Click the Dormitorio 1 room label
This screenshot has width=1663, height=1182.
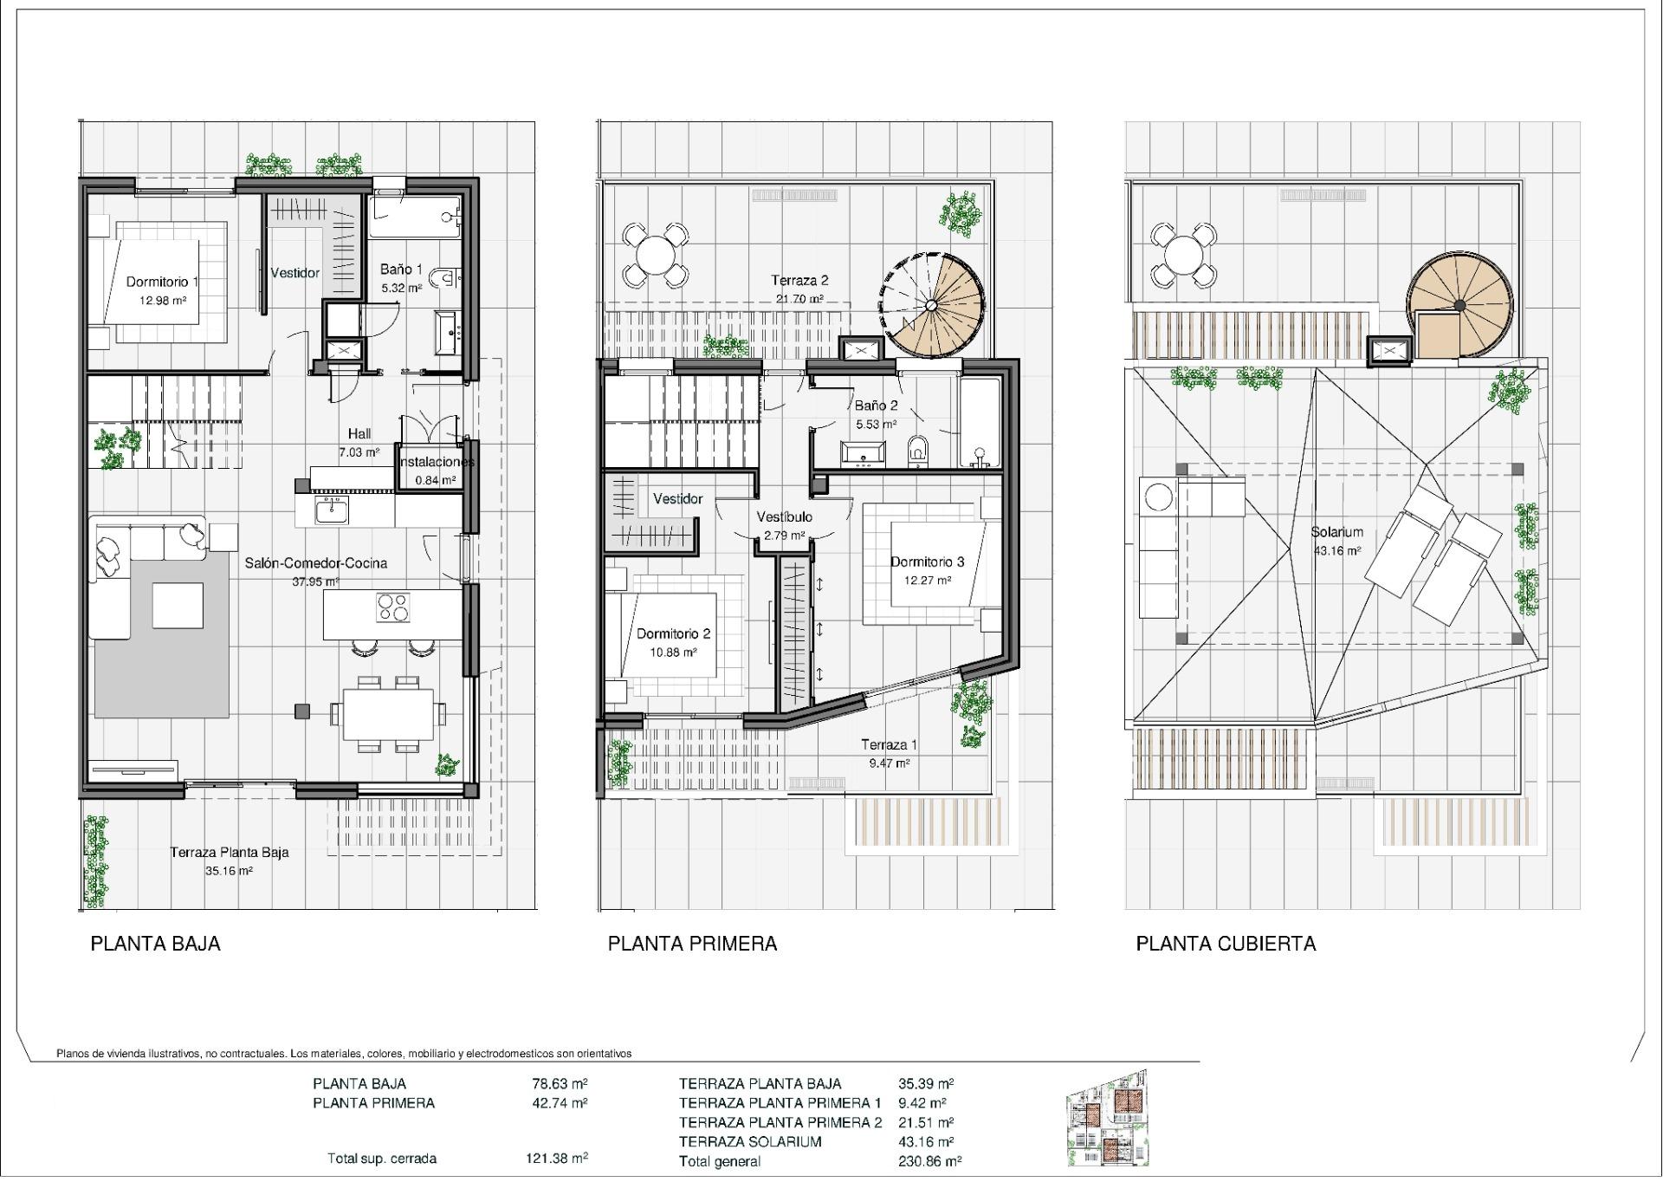(x=162, y=283)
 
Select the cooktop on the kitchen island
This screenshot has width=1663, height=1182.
(x=392, y=607)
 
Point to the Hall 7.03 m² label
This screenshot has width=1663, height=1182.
(x=359, y=442)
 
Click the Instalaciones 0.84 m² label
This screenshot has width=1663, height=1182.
(x=436, y=471)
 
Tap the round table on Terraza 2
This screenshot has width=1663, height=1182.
(x=655, y=255)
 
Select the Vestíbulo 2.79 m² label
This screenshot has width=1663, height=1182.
(x=784, y=525)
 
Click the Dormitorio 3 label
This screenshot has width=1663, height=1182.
(x=927, y=562)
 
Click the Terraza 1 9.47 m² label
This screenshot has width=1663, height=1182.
(x=889, y=753)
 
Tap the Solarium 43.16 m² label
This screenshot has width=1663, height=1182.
(x=1336, y=541)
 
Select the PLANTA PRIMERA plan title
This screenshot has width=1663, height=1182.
(x=692, y=944)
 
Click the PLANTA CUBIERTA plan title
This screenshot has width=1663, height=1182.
(x=1225, y=944)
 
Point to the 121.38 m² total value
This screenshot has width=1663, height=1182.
(x=556, y=1158)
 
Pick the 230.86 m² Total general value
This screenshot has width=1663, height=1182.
(x=929, y=1161)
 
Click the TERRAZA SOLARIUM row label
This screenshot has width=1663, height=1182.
(x=749, y=1142)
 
